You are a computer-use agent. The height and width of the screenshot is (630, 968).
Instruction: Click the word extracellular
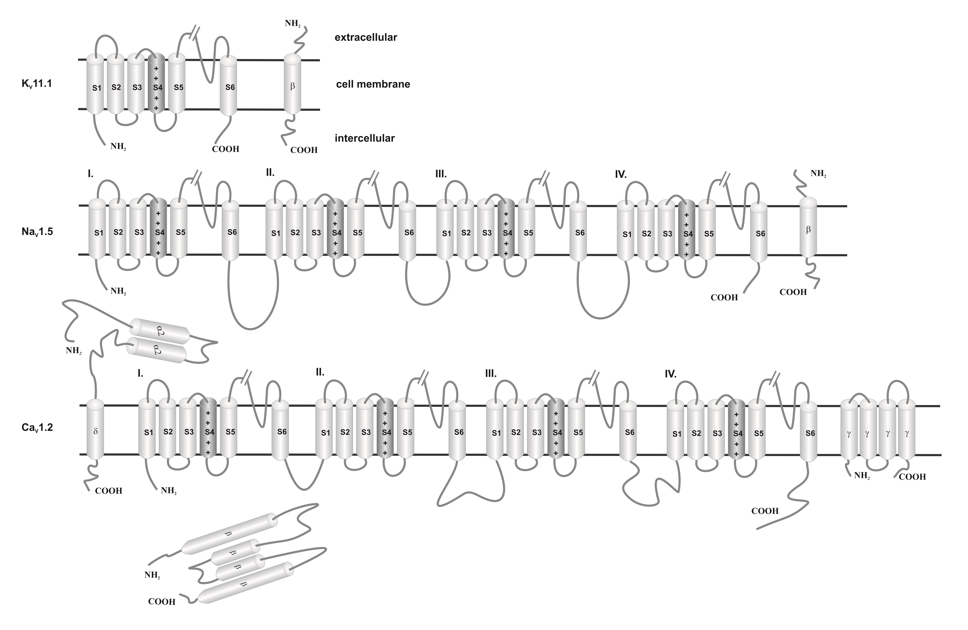click(x=366, y=37)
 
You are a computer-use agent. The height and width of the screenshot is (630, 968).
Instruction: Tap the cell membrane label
click(x=373, y=84)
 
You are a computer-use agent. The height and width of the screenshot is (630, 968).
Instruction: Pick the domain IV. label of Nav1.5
click(x=621, y=175)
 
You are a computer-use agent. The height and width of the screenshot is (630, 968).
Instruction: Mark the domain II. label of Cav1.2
click(x=320, y=372)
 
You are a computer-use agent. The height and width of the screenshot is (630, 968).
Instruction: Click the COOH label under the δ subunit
click(x=109, y=491)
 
